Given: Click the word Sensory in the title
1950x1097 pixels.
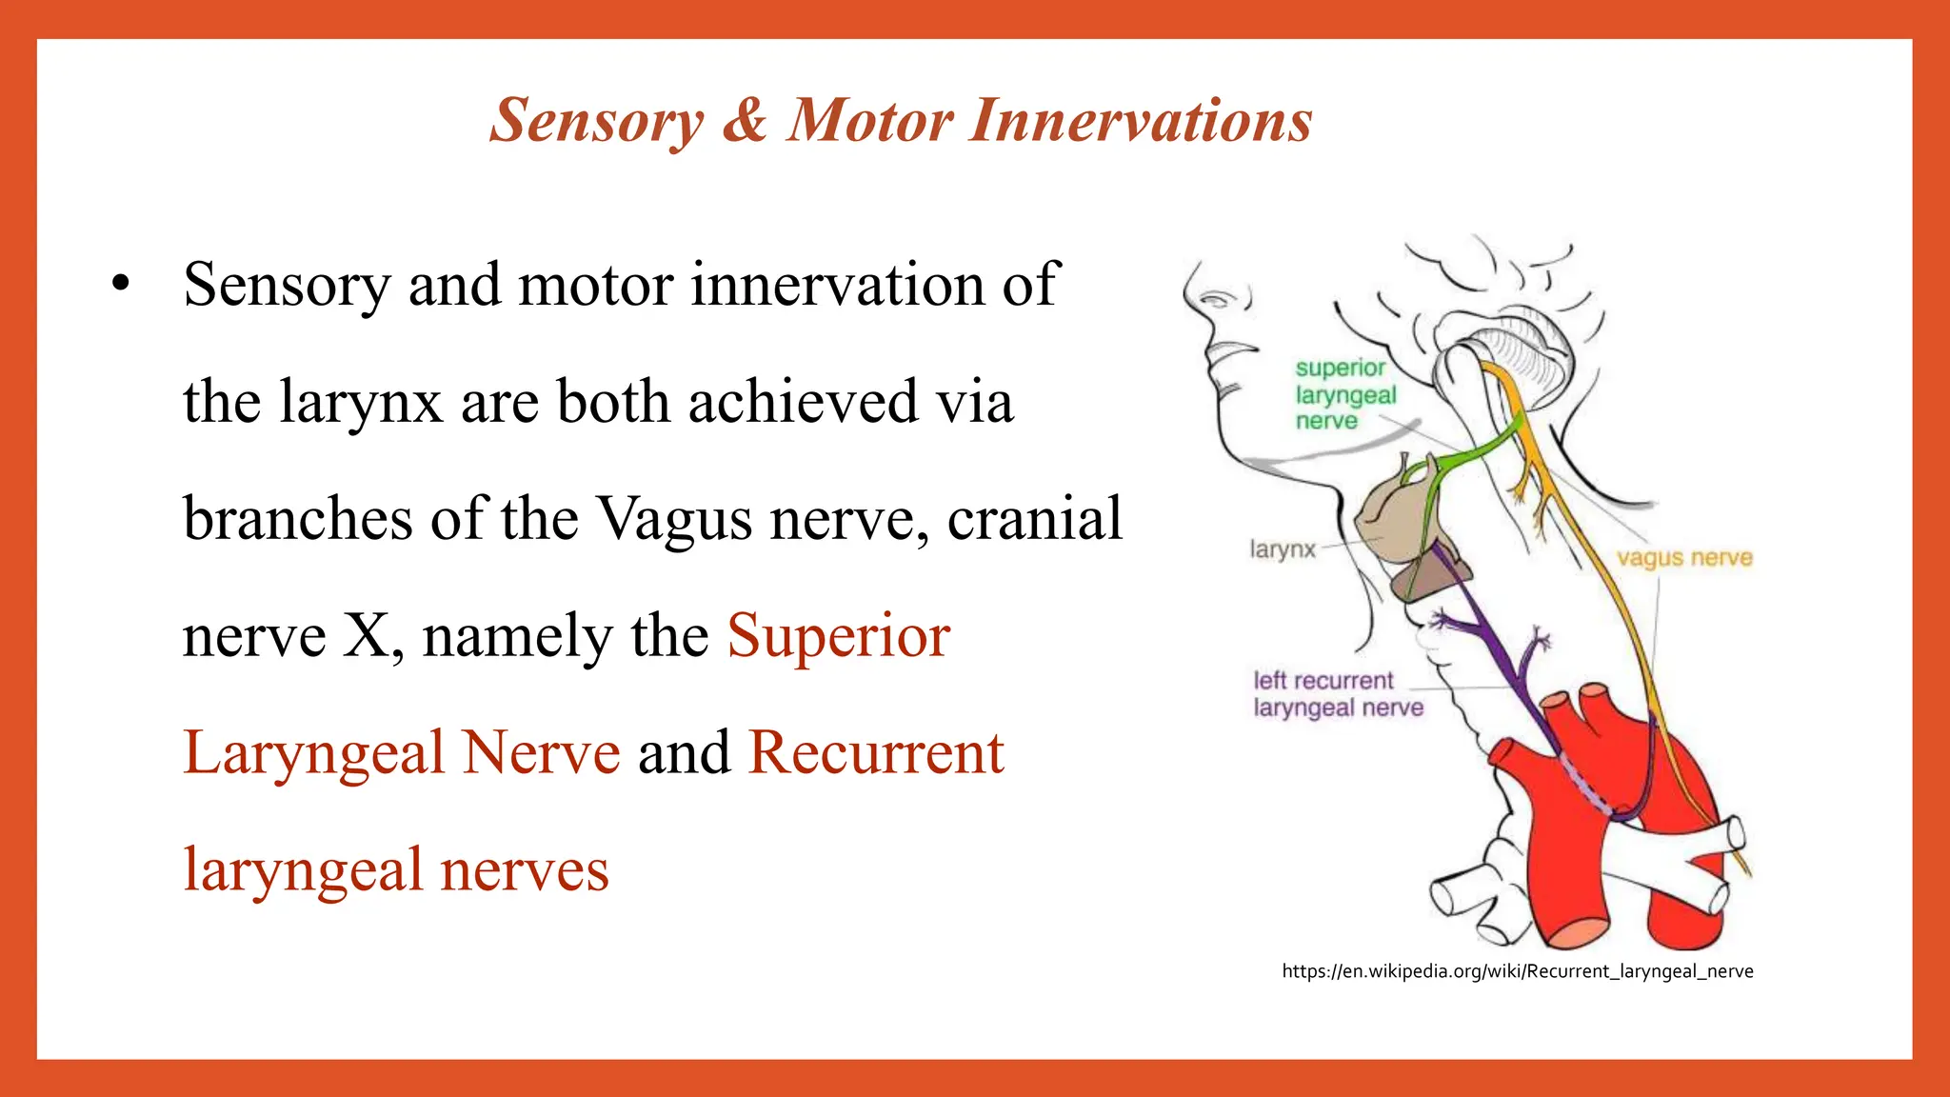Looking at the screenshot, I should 597,122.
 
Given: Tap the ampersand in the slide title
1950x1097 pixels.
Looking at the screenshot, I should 745,122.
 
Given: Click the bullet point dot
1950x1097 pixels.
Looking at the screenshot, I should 119,284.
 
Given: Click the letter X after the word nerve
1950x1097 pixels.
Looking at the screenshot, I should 365,636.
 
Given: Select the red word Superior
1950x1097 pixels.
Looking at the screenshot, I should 838,636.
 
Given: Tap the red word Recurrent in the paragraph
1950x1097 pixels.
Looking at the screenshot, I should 876,753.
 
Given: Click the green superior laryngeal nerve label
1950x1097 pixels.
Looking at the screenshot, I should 1344,394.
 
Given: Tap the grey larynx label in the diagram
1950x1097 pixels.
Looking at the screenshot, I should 1282,549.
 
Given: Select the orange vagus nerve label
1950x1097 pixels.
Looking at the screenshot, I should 1684,558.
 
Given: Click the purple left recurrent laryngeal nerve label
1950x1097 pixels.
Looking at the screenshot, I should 1338,694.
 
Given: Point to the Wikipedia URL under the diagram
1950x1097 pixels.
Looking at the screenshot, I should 1517,971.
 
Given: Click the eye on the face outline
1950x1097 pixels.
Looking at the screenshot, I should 1214,300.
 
